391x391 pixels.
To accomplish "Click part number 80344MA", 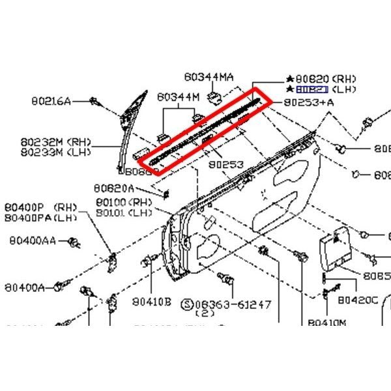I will (x=208, y=77).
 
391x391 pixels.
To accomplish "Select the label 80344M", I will (x=177, y=97).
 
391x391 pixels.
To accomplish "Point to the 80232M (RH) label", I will (x=56, y=142).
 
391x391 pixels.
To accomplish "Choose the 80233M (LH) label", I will (x=56, y=152).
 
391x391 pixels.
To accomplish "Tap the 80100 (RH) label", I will (x=123, y=202).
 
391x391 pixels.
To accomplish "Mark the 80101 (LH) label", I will (x=123, y=212).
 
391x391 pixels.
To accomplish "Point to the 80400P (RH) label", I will (x=40, y=207).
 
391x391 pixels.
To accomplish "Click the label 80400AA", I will (x=33, y=240).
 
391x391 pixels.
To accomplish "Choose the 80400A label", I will (x=27, y=287).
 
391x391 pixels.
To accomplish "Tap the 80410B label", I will (x=151, y=302).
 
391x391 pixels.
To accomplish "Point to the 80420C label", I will (x=358, y=300).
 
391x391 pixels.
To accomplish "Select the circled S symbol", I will (x=187, y=304).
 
